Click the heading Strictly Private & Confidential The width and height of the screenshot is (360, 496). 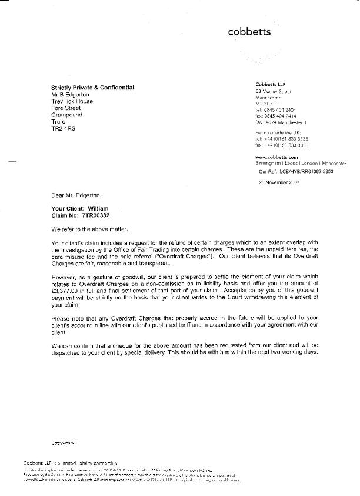click(92, 88)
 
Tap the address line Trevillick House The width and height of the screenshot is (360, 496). click(72, 101)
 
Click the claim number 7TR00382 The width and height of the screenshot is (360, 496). click(91, 217)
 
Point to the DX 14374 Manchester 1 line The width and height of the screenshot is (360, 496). click(285, 122)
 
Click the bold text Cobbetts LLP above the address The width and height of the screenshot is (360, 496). click(271, 85)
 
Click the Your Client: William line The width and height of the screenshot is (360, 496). click(81, 209)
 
